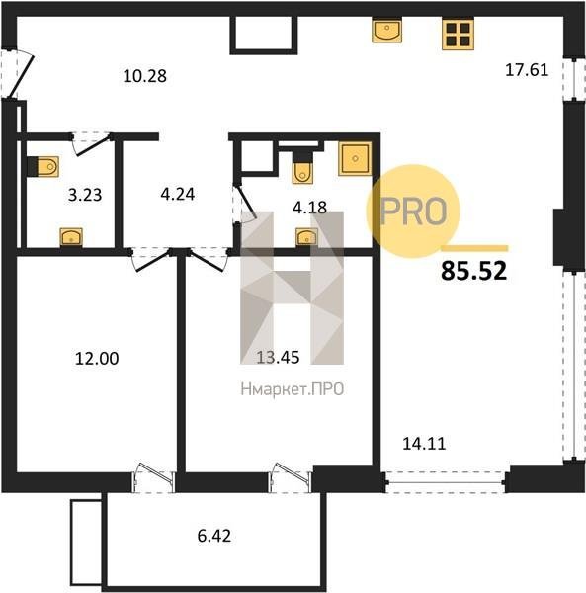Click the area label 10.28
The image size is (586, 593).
pos(145,76)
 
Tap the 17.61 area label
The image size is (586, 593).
pos(527,70)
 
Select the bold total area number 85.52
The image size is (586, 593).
pos(473,271)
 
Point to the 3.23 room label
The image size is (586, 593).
pos(85,195)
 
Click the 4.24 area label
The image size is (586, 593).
pos(178,195)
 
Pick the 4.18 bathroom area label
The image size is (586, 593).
pos(310,208)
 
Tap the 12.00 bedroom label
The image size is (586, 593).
pos(97,359)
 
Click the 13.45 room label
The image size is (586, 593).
pos(278,357)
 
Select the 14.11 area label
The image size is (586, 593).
pos(424,444)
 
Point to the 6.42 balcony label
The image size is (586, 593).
pos(214,536)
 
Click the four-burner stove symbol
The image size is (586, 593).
pos(458,34)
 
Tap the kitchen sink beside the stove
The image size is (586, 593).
pos(386,31)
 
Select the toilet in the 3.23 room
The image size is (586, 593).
pos(43,166)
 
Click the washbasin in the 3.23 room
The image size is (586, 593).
pos(71,237)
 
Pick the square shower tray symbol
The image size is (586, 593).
pos(355,158)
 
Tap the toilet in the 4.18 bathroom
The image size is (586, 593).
pos(302,167)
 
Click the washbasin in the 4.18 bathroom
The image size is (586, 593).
pos(306,237)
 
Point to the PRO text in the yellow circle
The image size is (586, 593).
pos(413,212)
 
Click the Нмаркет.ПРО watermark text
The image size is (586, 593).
pos(293,389)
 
